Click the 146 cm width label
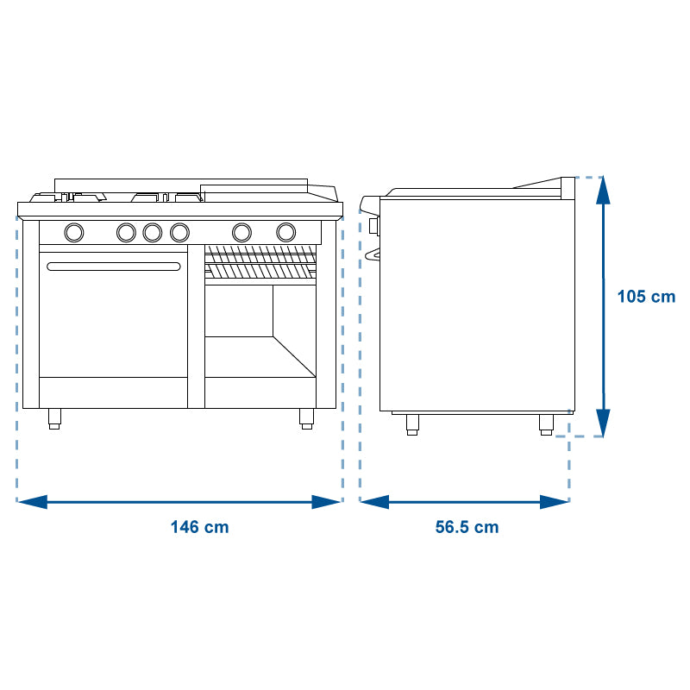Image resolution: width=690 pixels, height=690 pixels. (199, 527)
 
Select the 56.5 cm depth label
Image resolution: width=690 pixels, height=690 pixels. (467, 527)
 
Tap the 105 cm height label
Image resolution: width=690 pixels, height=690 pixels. (646, 296)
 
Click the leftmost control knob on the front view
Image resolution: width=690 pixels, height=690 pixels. (74, 232)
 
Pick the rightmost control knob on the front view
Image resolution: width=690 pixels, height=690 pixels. (286, 232)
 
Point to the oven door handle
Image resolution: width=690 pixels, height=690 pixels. (114, 267)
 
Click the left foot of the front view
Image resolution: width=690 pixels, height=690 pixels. (54, 418)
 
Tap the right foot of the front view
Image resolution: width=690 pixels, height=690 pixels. (306, 418)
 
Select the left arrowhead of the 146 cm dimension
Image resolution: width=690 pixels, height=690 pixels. (32, 502)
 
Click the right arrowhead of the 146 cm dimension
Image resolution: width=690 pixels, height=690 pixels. (326, 502)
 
